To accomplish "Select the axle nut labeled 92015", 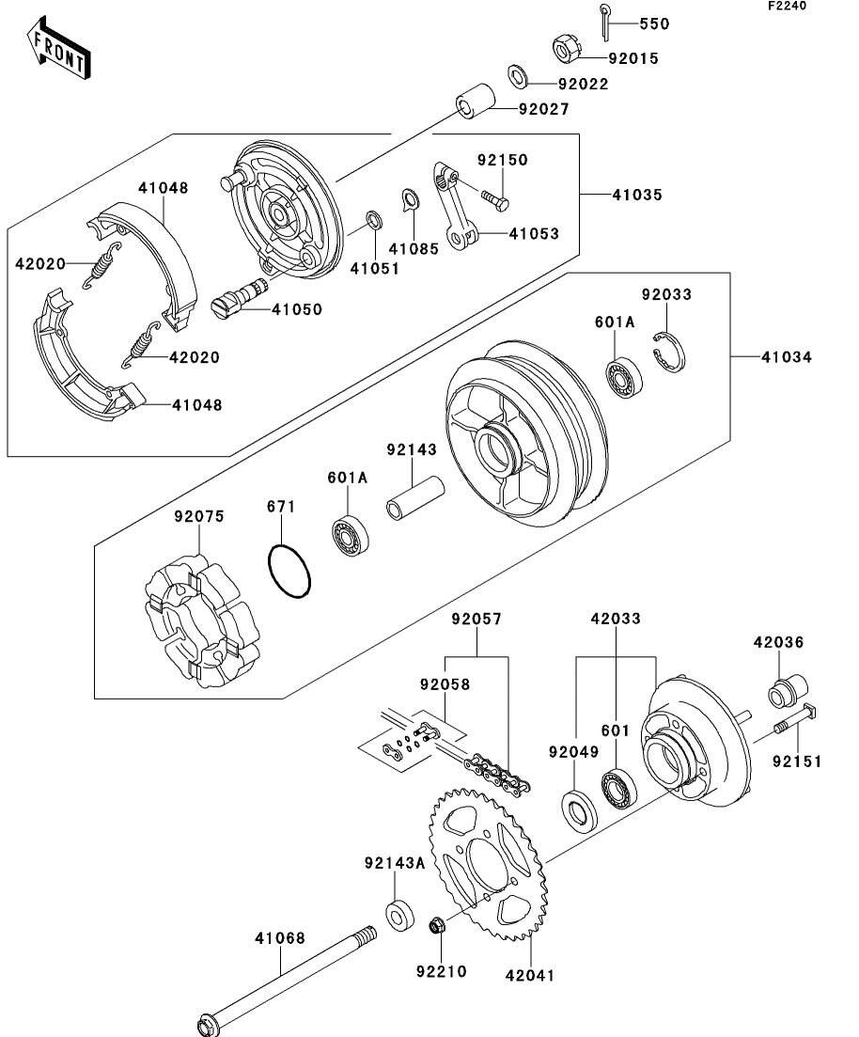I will coord(564,47).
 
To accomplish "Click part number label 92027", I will coord(543,109).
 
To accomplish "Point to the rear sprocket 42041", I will coord(485,865).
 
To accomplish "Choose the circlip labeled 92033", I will coord(670,353).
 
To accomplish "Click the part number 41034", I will coord(787,357).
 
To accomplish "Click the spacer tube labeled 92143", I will coord(415,498).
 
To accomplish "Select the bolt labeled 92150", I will coord(496,198).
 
